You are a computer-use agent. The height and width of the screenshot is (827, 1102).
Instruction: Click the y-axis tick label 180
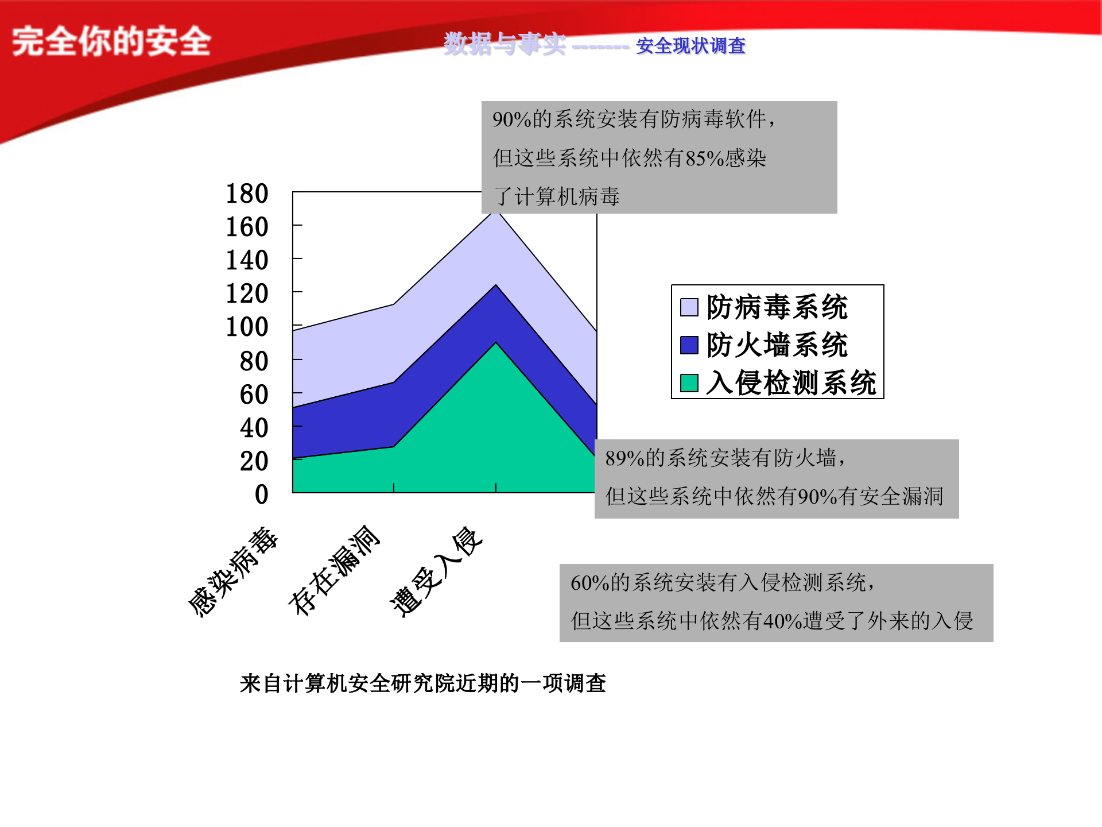tap(247, 194)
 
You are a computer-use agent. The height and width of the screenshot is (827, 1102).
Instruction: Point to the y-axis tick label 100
tap(247, 327)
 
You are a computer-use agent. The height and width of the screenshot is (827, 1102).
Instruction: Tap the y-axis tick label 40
tap(254, 428)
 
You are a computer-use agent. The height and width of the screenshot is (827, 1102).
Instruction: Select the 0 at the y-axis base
tap(261, 494)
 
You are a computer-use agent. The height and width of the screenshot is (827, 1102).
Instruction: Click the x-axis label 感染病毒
tap(233, 571)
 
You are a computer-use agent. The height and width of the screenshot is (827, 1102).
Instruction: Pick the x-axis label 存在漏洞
tap(334, 570)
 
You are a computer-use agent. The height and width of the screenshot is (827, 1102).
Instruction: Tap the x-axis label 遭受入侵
tap(436, 571)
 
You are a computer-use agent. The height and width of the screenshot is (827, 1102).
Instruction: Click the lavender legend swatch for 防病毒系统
tap(689, 307)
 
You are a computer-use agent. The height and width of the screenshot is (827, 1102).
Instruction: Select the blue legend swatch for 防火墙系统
tap(689, 345)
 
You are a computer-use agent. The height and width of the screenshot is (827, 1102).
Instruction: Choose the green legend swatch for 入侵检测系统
tap(689, 383)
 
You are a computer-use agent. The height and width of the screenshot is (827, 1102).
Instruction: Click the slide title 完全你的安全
tap(112, 41)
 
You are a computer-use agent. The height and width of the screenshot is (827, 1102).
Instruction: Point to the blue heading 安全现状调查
tap(690, 46)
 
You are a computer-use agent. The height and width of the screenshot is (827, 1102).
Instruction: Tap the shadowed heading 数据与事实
tap(504, 44)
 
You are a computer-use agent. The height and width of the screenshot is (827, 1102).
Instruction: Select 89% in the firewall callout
tap(624, 458)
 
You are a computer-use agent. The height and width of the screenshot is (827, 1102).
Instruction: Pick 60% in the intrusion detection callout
tap(589, 583)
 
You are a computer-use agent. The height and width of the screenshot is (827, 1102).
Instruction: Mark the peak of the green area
tap(496, 343)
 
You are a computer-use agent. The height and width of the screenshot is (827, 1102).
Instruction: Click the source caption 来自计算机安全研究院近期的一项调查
tap(423, 683)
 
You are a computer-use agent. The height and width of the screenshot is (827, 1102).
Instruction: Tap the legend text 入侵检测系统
tap(791, 383)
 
